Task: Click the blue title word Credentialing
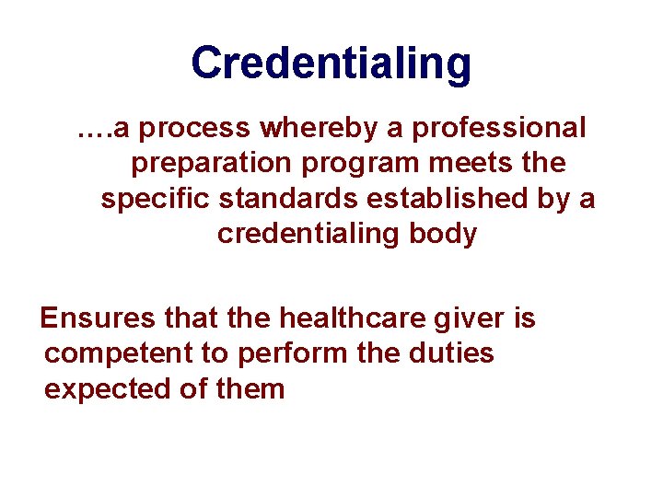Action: pos(331,64)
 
